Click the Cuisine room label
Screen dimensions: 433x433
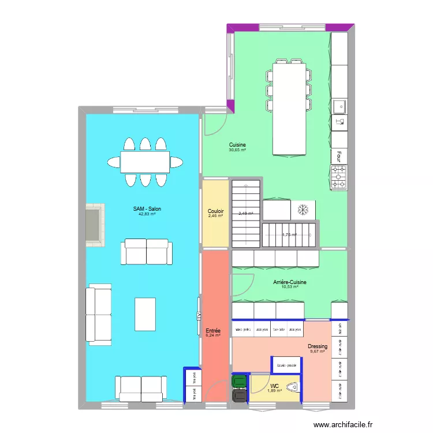[237, 145]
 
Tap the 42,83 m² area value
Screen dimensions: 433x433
[147, 214]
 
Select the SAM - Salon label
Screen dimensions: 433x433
[147, 208]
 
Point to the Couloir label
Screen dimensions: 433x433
[216, 211]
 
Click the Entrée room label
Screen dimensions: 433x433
[214, 331]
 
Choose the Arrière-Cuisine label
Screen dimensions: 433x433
[290, 282]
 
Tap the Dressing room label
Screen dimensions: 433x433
[318, 346]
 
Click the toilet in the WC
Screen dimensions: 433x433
[293, 388]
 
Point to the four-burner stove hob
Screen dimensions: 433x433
[339, 177]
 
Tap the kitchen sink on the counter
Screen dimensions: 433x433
[339, 106]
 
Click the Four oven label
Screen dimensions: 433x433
[339, 155]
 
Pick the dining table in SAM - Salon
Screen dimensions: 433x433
[145, 162]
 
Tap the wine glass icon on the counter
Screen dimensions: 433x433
[339, 122]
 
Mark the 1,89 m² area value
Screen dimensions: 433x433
[274, 391]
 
